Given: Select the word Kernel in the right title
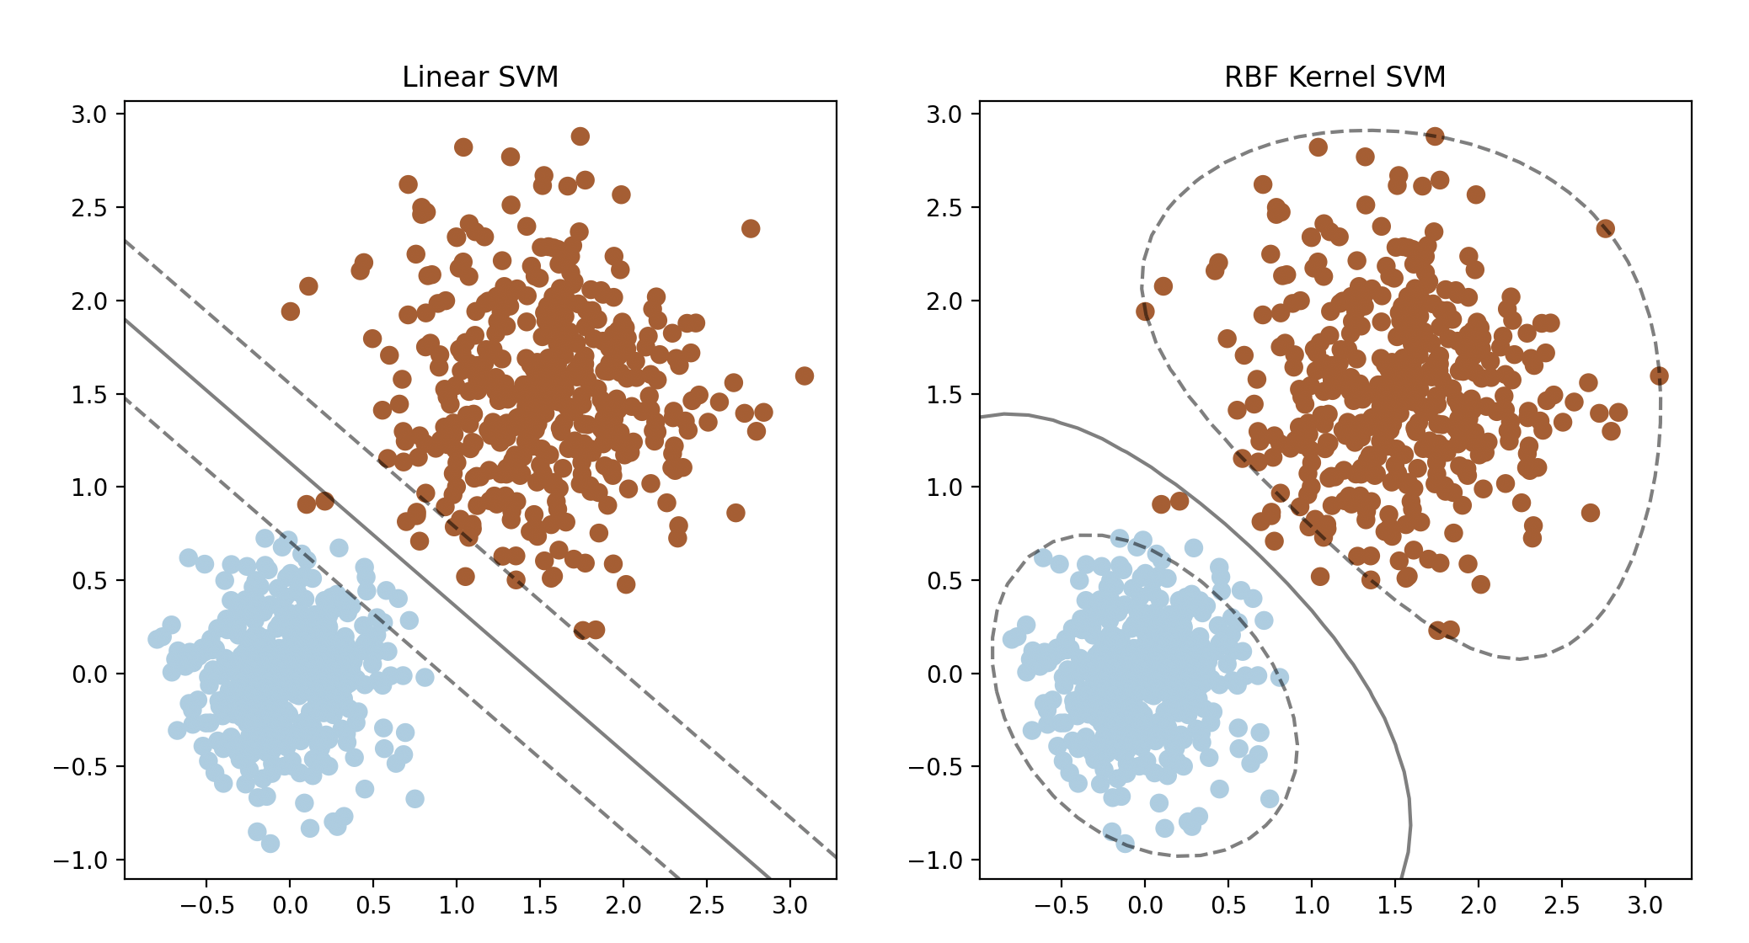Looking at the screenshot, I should pos(1334,77).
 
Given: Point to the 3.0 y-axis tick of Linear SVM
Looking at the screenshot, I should pos(89,115).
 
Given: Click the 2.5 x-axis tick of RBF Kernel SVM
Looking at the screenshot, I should pos(1561,906).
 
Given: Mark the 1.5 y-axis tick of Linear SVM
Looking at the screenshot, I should pos(89,394).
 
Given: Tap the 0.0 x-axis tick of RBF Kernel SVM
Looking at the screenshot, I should pos(1144,906).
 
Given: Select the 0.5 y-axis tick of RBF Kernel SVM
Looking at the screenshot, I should pos(944,581).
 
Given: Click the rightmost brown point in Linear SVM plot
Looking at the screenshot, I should pos(805,376).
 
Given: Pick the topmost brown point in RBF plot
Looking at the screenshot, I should pos(1435,136).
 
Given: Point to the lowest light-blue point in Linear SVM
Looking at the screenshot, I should pos(270,844).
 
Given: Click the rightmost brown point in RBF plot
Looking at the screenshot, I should pos(1659,376).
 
